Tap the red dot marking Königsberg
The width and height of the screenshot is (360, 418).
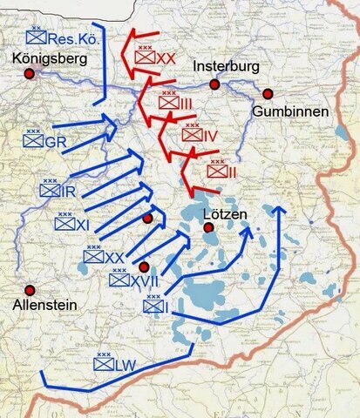[x=29, y=75]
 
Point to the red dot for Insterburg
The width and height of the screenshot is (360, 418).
[x=214, y=84]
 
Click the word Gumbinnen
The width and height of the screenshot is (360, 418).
[x=290, y=111]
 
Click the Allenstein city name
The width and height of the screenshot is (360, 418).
[x=44, y=305]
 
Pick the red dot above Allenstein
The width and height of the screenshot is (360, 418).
[x=30, y=290]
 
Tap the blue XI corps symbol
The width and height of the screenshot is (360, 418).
[x=72, y=223]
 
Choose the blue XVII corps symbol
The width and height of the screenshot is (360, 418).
[x=130, y=280]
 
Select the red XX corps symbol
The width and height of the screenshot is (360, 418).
[x=156, y=57]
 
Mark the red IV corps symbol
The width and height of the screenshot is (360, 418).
[x=197, y=135]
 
